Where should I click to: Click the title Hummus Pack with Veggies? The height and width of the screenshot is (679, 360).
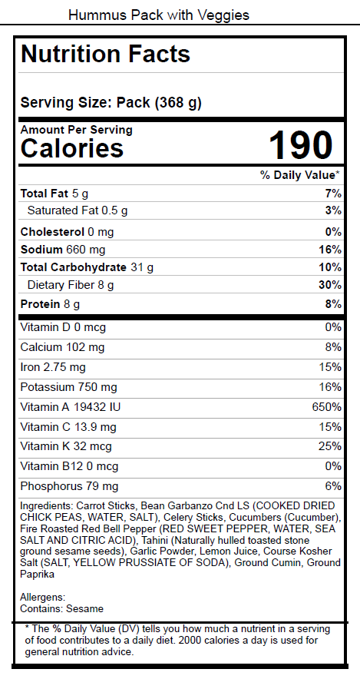coord(159,15)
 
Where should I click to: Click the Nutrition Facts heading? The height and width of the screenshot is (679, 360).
coord(106,54)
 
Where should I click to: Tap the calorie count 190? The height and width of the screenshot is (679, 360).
coord(301,145)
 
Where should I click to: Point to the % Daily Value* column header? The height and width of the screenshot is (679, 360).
coord(300,175)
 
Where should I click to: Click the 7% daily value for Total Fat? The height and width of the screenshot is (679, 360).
coord(333,194)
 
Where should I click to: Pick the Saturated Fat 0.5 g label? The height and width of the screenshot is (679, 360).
coord(78,211)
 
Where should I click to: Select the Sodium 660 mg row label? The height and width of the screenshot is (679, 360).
coord(63,250)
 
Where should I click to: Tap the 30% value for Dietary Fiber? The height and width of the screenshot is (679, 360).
coord(330,285)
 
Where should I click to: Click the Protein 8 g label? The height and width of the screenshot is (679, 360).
coord(50,304)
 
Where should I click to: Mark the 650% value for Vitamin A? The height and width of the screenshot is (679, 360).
coord(327,407)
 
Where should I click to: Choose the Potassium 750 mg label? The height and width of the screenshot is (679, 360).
coord(68,387)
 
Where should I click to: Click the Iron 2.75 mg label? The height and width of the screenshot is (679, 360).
coord(53,367)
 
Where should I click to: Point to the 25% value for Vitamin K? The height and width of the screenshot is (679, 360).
coord(330,446)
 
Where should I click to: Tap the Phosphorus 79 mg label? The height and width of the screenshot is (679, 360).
coord(69,487)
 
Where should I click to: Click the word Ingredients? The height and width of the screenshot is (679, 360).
coord(47,506)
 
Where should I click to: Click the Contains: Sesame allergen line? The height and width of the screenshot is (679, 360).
coord(62,609)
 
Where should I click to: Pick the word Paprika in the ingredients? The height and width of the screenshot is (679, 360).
coord(37,575)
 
